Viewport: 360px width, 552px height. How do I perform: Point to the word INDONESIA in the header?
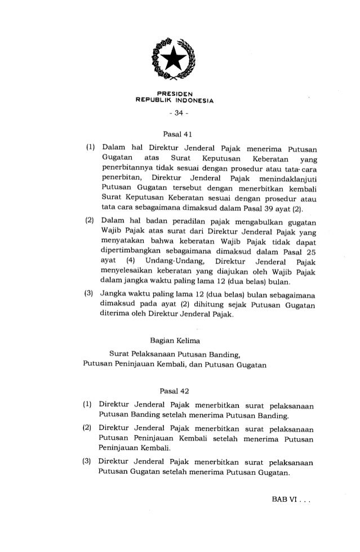pos(197,101)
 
